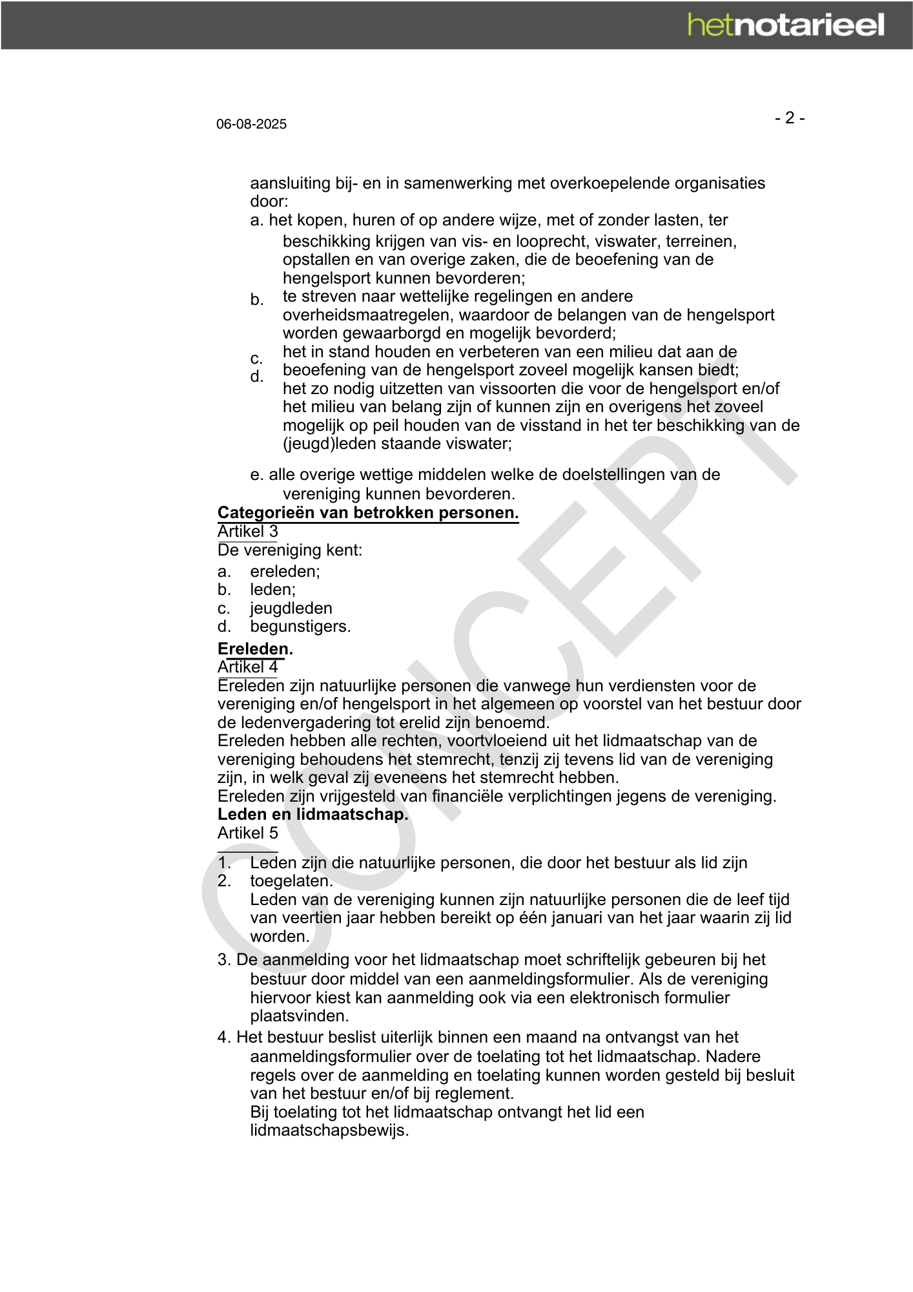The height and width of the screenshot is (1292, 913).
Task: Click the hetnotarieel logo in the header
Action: (x=786, y=25)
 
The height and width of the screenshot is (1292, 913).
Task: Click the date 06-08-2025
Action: (x=251, y=124)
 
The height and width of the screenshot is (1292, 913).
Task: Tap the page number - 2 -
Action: (x=790, y=118)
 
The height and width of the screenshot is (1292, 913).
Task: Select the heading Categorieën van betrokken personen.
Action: (x=368, y=513)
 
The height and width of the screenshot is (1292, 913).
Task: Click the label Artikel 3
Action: (x=247, y=532)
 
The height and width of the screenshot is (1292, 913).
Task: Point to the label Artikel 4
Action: (x=247, y=667)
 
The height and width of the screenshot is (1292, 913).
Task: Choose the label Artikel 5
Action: (x=247, y=833)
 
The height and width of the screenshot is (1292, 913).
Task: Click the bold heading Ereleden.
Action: (x=255, y=649)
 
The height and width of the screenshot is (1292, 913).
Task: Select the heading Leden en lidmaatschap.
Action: (x=313, y=814)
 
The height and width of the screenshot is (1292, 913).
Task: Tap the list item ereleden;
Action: (x=285, y=571)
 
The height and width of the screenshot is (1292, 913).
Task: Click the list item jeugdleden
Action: (x=291, y=608)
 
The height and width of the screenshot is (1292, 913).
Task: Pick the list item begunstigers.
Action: (x=300, y=626)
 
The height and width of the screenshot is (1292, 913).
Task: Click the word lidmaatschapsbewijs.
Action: (x=329, y=1130)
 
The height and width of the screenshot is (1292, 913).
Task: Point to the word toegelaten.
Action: (x=291, y=881)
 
